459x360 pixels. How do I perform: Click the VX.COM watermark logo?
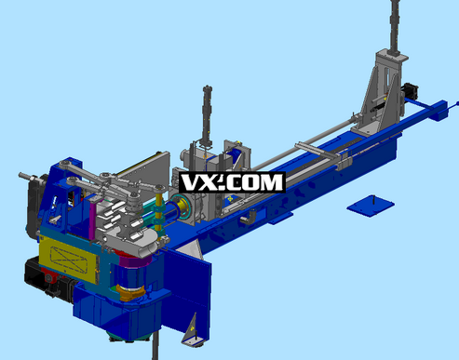[x=232, y=182]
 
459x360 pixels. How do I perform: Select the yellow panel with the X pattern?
[x=68, y=259]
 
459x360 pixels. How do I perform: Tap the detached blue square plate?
[x=371, y=206]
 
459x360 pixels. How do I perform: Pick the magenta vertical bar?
[x=92, y=220]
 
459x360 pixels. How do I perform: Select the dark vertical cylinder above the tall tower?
[x=395, y=27]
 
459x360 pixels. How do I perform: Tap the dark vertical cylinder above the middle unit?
[x=207, y=116]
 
